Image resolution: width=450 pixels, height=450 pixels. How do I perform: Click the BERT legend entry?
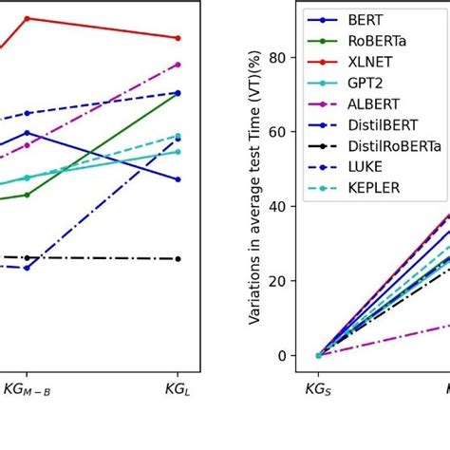tap(366, 19)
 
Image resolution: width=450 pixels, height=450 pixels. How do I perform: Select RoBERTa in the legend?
tap(377, 41)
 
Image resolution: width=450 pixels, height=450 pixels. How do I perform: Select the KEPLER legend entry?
tap(373, 188)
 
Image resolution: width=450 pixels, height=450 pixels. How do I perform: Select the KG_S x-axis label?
tap(319, 388)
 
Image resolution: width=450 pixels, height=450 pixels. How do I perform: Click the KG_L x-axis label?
tap(178, 388)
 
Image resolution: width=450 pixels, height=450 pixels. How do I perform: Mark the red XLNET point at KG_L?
tap(178, 38)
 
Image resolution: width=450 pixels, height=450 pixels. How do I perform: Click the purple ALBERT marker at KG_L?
tap(178, 65)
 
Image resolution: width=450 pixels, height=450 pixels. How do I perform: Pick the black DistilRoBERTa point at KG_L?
tap(178, 258)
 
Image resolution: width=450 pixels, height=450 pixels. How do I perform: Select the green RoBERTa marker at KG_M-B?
tap(27, 195)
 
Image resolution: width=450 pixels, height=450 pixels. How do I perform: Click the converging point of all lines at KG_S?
tap(319, 355)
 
